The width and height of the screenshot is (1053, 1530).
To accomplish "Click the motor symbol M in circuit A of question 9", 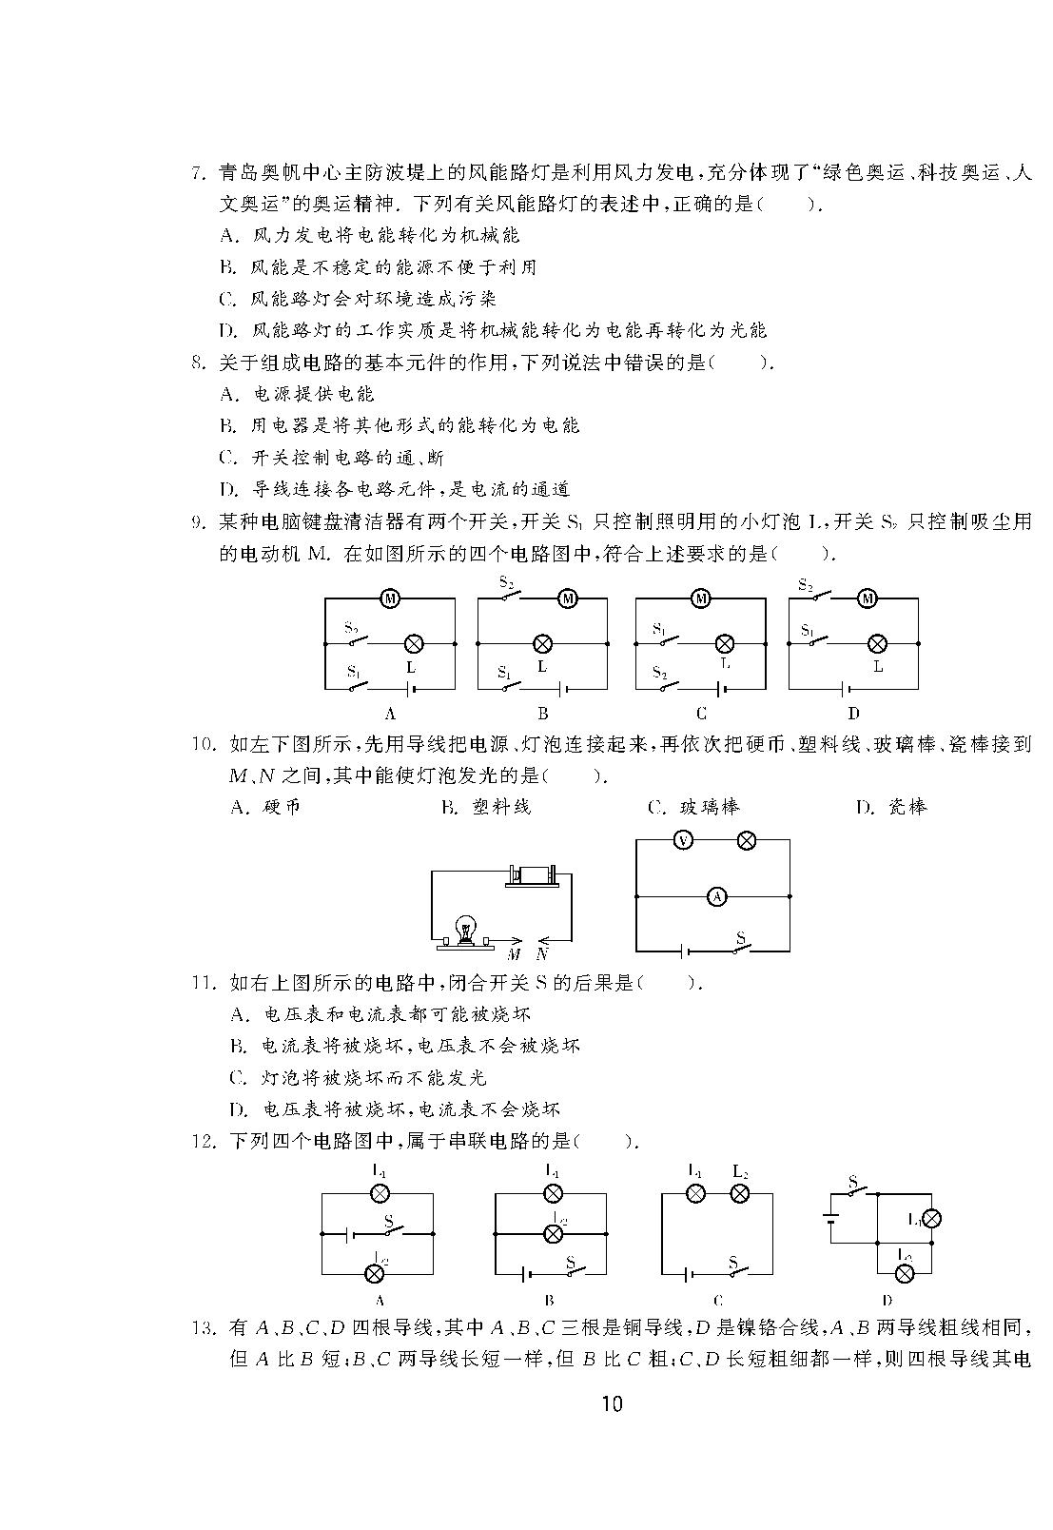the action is pyautogui.click(x=389, y=599).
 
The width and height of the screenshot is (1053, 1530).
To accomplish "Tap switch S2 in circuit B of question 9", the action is pyautogui.click(x=510, y=596).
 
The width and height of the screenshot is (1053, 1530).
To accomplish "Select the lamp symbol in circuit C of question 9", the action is pyautogui.click(x=724, y=643).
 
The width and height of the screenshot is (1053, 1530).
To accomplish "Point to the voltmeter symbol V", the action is pyautogui.click(x=683, y=840).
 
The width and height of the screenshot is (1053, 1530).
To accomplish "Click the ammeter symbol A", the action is pyautogui.click(x=716, y=896).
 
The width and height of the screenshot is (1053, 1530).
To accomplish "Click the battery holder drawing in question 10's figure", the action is pyautogui.click(x=533, y=876).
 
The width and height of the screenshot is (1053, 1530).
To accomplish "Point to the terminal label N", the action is pyautogui.click(x=542, y=954).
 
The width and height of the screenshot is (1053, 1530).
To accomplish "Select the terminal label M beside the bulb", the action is pyautogui.click(x=514, y=954).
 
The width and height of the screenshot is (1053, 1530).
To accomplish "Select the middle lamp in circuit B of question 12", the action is pyautogui.click(x=552, y=1233).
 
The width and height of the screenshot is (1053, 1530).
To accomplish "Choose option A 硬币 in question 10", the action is pyautogui.click(x=265, y=808).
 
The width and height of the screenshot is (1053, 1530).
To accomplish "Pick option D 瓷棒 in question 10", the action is pyautogui.click(x=892, y=808).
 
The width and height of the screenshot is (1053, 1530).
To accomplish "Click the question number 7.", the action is pyautogui.click(x=199, y=173).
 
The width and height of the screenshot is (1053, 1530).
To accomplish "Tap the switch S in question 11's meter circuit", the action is pyautogui.click(x=740, y=943).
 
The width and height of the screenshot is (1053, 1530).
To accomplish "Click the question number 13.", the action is pyautogui.click(x=203, y=1328).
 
